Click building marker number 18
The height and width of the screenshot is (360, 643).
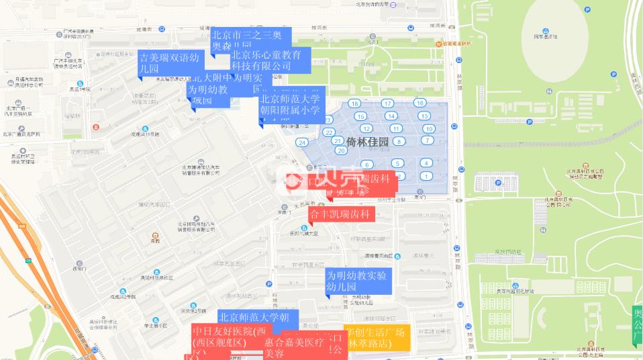pos(355,103)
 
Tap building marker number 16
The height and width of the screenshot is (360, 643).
pos(420,103)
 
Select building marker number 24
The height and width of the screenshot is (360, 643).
pos(303,142)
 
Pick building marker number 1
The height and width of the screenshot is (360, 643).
pos(426,176)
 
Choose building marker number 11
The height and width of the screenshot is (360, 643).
pos(396,128)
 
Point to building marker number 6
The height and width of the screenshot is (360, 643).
pos(366,165)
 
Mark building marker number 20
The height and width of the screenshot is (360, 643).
pos(341,150)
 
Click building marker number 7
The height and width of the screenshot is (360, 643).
pos(427,140)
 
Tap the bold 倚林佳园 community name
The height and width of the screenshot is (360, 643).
pos(368,142)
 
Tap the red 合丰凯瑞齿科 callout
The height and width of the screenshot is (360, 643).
pos(340,215)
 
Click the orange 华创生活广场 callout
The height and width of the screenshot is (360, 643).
pos(377,337)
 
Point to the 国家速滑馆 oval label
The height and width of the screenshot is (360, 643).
pos(545,37)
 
